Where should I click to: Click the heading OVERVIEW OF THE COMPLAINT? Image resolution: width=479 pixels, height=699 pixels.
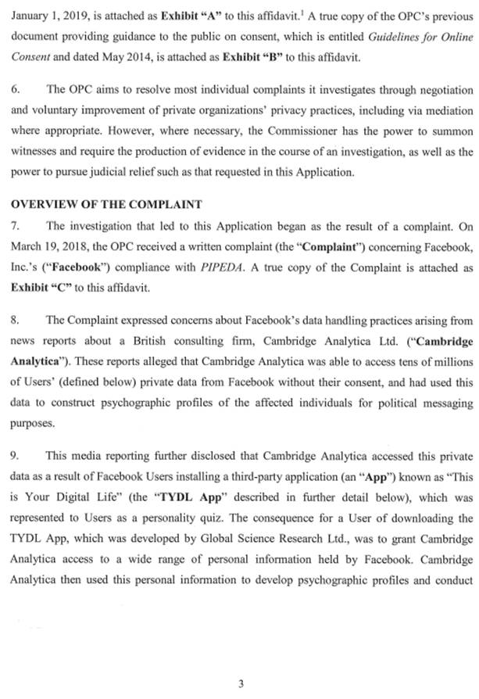tap(106, 204)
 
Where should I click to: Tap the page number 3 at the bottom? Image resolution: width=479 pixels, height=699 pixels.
tap(241, 683)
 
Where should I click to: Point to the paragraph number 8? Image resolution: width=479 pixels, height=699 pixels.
tap(16, 320)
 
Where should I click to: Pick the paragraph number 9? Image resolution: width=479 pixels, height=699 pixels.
tap(16, 454)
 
